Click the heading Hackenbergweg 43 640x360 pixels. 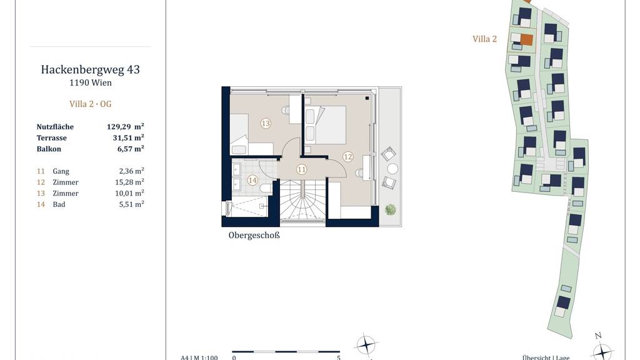tap(90, 69)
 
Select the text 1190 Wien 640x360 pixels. tap(90, 82)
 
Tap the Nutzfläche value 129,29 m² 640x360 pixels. tap(125, 126)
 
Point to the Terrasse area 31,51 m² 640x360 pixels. tap(128, 137)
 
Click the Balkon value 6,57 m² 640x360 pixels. tap(131, 149)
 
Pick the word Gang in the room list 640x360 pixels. tap(61, 171)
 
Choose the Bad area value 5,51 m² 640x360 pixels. tap(131, 204)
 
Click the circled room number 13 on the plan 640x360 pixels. tap(266, 123)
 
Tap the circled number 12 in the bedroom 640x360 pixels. tap(347, 156)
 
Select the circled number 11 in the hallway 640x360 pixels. tap(302, 169)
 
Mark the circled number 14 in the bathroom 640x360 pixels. tap(252, 180)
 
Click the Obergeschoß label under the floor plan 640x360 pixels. tap(254, 236)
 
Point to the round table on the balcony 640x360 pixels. tap(392, 169)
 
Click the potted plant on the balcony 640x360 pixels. tap(390, 210)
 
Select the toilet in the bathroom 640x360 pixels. tap(265, 188)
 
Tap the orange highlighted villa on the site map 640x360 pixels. tap(526, 39)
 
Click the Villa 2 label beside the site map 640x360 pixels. tap(484, 39)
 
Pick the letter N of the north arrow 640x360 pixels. tap(598, 336)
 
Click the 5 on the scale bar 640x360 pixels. tap(339, 358)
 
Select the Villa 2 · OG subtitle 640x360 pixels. tap(90, 104)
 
